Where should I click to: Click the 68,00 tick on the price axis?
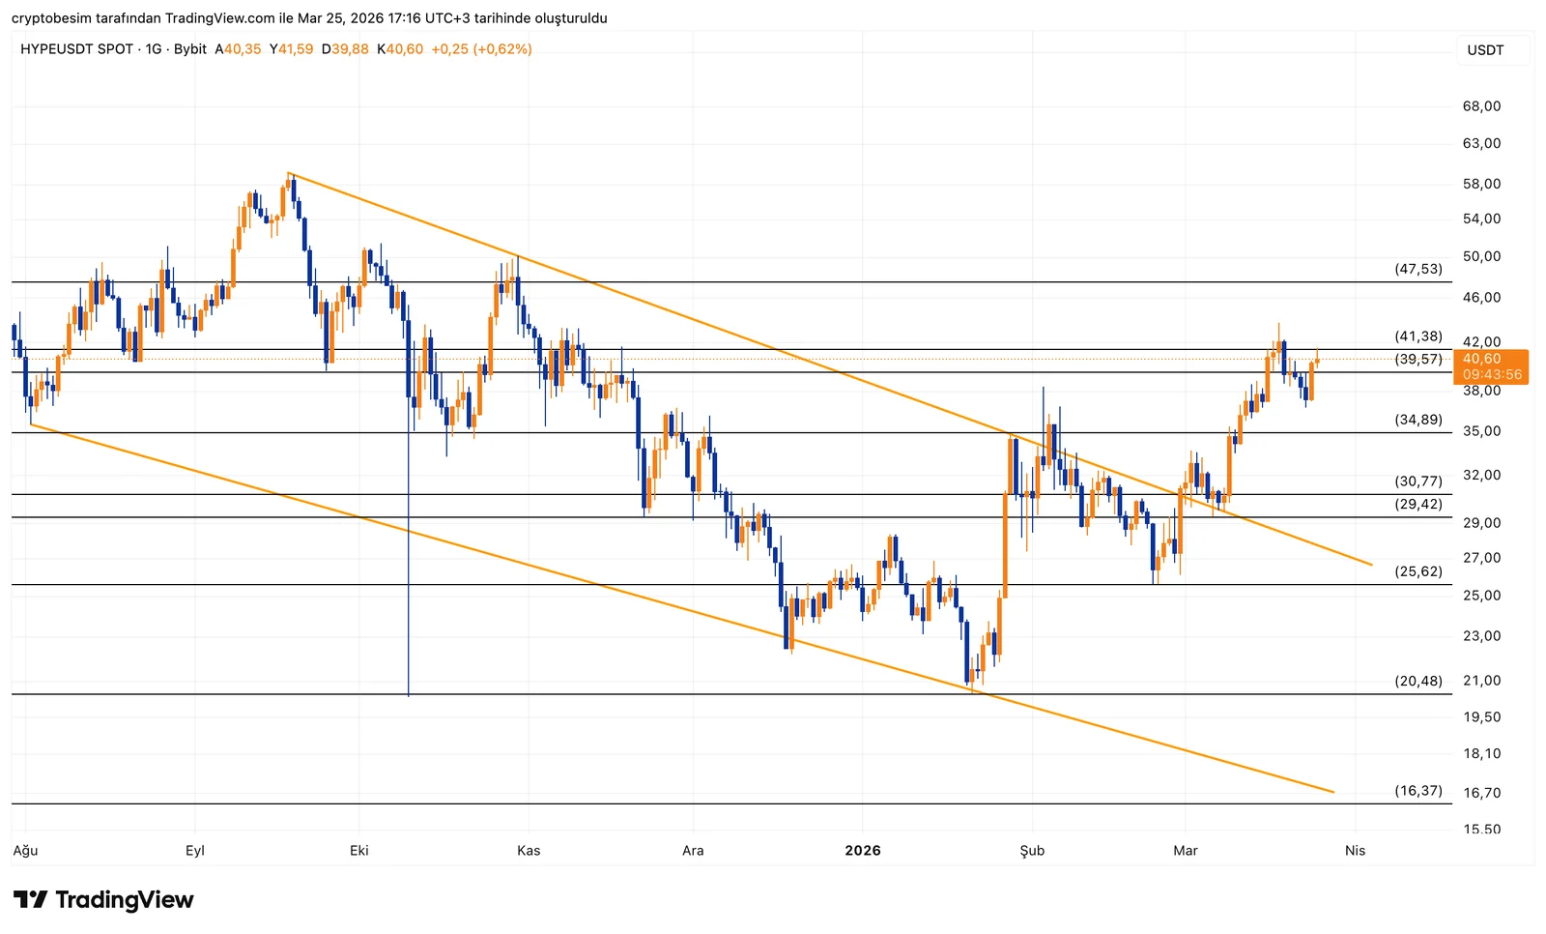(x=1481, y=106)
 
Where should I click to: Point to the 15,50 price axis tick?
(x=1481, y=830)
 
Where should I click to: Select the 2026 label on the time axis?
(x=862, y=851)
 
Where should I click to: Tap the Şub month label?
(x=1032, y=851)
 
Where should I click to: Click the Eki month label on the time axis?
(x=358, y=851)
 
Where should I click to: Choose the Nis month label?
(x=1355, y=851)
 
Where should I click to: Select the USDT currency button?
(x=1485, y=50)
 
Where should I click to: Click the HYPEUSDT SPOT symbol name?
(x=76, y=49)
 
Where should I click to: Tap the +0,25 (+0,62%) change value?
(x=481, y=49)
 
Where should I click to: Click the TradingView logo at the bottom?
(x=103, y=900)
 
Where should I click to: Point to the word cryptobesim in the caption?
(x=51, y=18)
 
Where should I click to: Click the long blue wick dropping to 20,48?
(x=409, y=580)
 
